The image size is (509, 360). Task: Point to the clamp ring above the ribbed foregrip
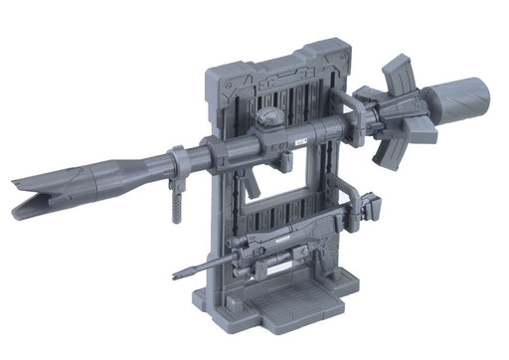pos(176,159)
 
